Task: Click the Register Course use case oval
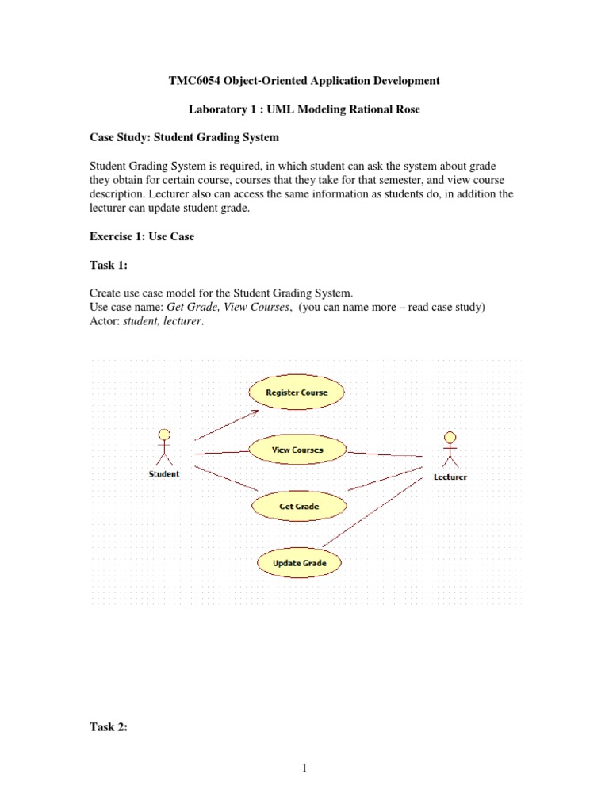[297, 392]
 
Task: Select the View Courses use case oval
[297, 450]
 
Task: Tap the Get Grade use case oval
[298, 505]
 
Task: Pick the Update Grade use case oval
[298, 563]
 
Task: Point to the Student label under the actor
[164, 474]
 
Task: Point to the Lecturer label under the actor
[450, 477]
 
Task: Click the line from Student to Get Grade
[226, 478]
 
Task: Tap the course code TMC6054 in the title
[197, 81]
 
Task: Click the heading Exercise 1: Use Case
[141, 236]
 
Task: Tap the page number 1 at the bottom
[304, 768]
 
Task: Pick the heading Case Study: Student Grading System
[183, 137]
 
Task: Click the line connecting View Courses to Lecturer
[385, 454]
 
